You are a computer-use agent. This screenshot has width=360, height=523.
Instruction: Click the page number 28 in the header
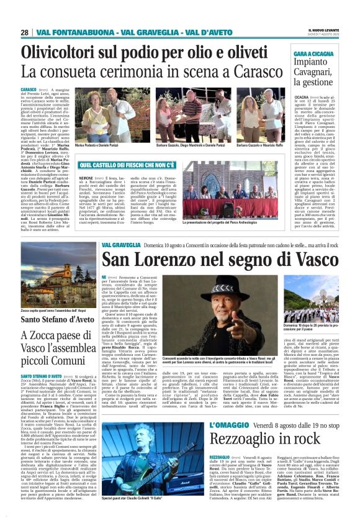(24, 32)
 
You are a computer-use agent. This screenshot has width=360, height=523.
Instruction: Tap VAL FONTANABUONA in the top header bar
(68, 32)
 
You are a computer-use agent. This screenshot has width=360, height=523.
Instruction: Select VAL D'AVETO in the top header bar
(208, 32)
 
